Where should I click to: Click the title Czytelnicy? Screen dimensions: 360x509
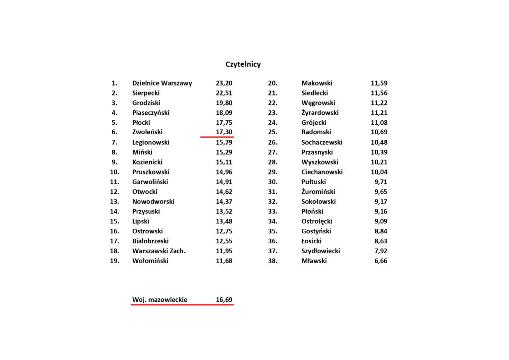click(x=243, y=65)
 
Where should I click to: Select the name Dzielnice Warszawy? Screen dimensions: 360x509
click(x=162, y=83)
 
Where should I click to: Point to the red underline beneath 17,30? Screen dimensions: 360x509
click(x=217, y=136)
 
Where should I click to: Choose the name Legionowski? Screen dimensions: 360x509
click(x=151, y=142)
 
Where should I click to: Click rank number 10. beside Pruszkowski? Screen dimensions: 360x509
click(x=114, y=172)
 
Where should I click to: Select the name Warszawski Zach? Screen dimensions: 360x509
click(x=159, y=251)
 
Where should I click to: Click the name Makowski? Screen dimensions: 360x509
click(x=317, y=83)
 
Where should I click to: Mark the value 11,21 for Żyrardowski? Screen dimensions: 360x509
click(x=379, y=113)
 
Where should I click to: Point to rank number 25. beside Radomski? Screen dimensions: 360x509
click(x=272, y=132)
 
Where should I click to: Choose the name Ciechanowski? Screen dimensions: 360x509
click(x=322, y=172)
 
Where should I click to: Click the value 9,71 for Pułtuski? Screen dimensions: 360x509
click(x=381, y=182)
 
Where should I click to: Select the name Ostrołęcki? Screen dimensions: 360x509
click(x=317, y=221)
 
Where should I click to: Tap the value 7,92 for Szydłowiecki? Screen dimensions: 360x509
click(x=381, y=251)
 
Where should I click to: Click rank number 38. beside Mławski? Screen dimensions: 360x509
click(x=272, y=261)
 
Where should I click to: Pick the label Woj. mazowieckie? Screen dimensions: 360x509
click(x=160, y=300)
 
